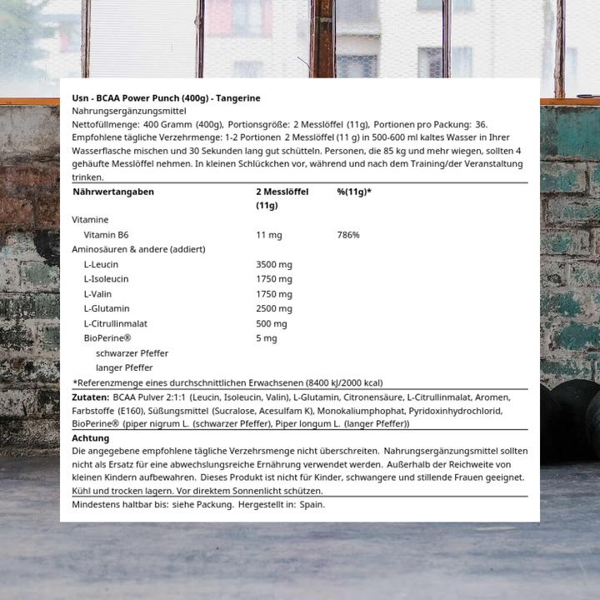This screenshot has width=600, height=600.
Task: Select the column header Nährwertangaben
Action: tap(113, 192)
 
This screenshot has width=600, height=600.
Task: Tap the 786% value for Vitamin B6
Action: tap(348, 235)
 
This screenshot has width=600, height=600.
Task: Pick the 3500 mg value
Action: tap(274, 264)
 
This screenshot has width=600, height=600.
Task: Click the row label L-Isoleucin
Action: tap(106, 279)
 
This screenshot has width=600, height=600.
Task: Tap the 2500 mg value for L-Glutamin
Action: tap(274, 309)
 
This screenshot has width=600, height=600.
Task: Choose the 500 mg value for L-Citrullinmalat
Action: tap(271, 323)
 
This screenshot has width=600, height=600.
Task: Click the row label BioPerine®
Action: tap(107, 338)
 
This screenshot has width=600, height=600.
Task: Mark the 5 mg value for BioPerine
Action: tap(266, 338)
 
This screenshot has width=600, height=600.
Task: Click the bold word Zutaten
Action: tap(90, 397)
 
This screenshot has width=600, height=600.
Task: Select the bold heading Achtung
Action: tap(90, 437)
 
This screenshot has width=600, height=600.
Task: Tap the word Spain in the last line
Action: tap(312, 504)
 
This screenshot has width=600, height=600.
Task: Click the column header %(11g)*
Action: tap(354, 192)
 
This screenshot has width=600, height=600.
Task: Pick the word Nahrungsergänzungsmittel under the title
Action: tap(129, 111)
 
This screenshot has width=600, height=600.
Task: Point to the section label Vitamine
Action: tap(90, 220)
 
